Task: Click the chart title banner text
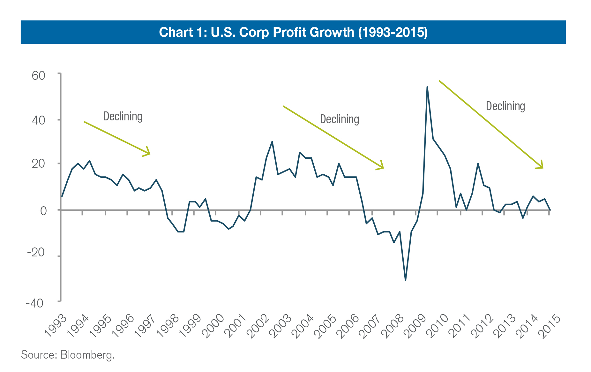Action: (x=293, y=32)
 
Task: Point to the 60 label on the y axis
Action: (x=38, y=76)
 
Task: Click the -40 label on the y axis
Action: (x=35, y=303)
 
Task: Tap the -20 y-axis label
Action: (x=36, y=253)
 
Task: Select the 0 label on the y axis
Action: (x=43, y=211)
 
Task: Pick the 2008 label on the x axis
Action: (x=394, y=326)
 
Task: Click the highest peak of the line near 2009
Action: (x=427, y=87)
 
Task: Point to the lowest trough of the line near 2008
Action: (x=405, y=280)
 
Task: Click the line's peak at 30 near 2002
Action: (x=272, y=141)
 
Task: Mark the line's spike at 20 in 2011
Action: (x=478, y=163)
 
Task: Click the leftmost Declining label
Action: (x=123, y=117)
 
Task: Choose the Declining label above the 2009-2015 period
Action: (x=505, y=106)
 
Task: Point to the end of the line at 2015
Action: (x=550, y=210)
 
